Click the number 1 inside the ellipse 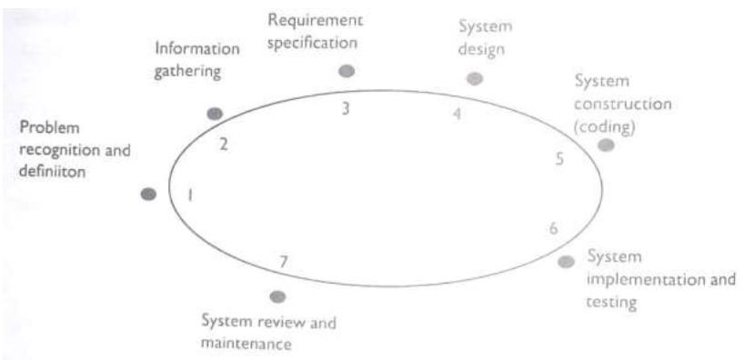[x=190, y=195]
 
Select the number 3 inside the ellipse [x=346, y=108]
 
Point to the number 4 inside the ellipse [x=458, y=114]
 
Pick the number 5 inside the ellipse [x=560, y=159]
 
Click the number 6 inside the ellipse [x=553, y=227]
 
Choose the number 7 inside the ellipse [x=284, y=262]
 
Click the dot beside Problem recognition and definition [x=149, y=194]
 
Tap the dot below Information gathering [x=215, y=114]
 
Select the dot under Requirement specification [x=347, y=70]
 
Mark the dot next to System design [x=474, y=78]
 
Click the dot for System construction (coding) [x=606, y=145]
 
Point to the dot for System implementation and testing [x=566, y=262]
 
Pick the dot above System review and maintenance [x=278, y=296]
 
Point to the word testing [x=610, y=300]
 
